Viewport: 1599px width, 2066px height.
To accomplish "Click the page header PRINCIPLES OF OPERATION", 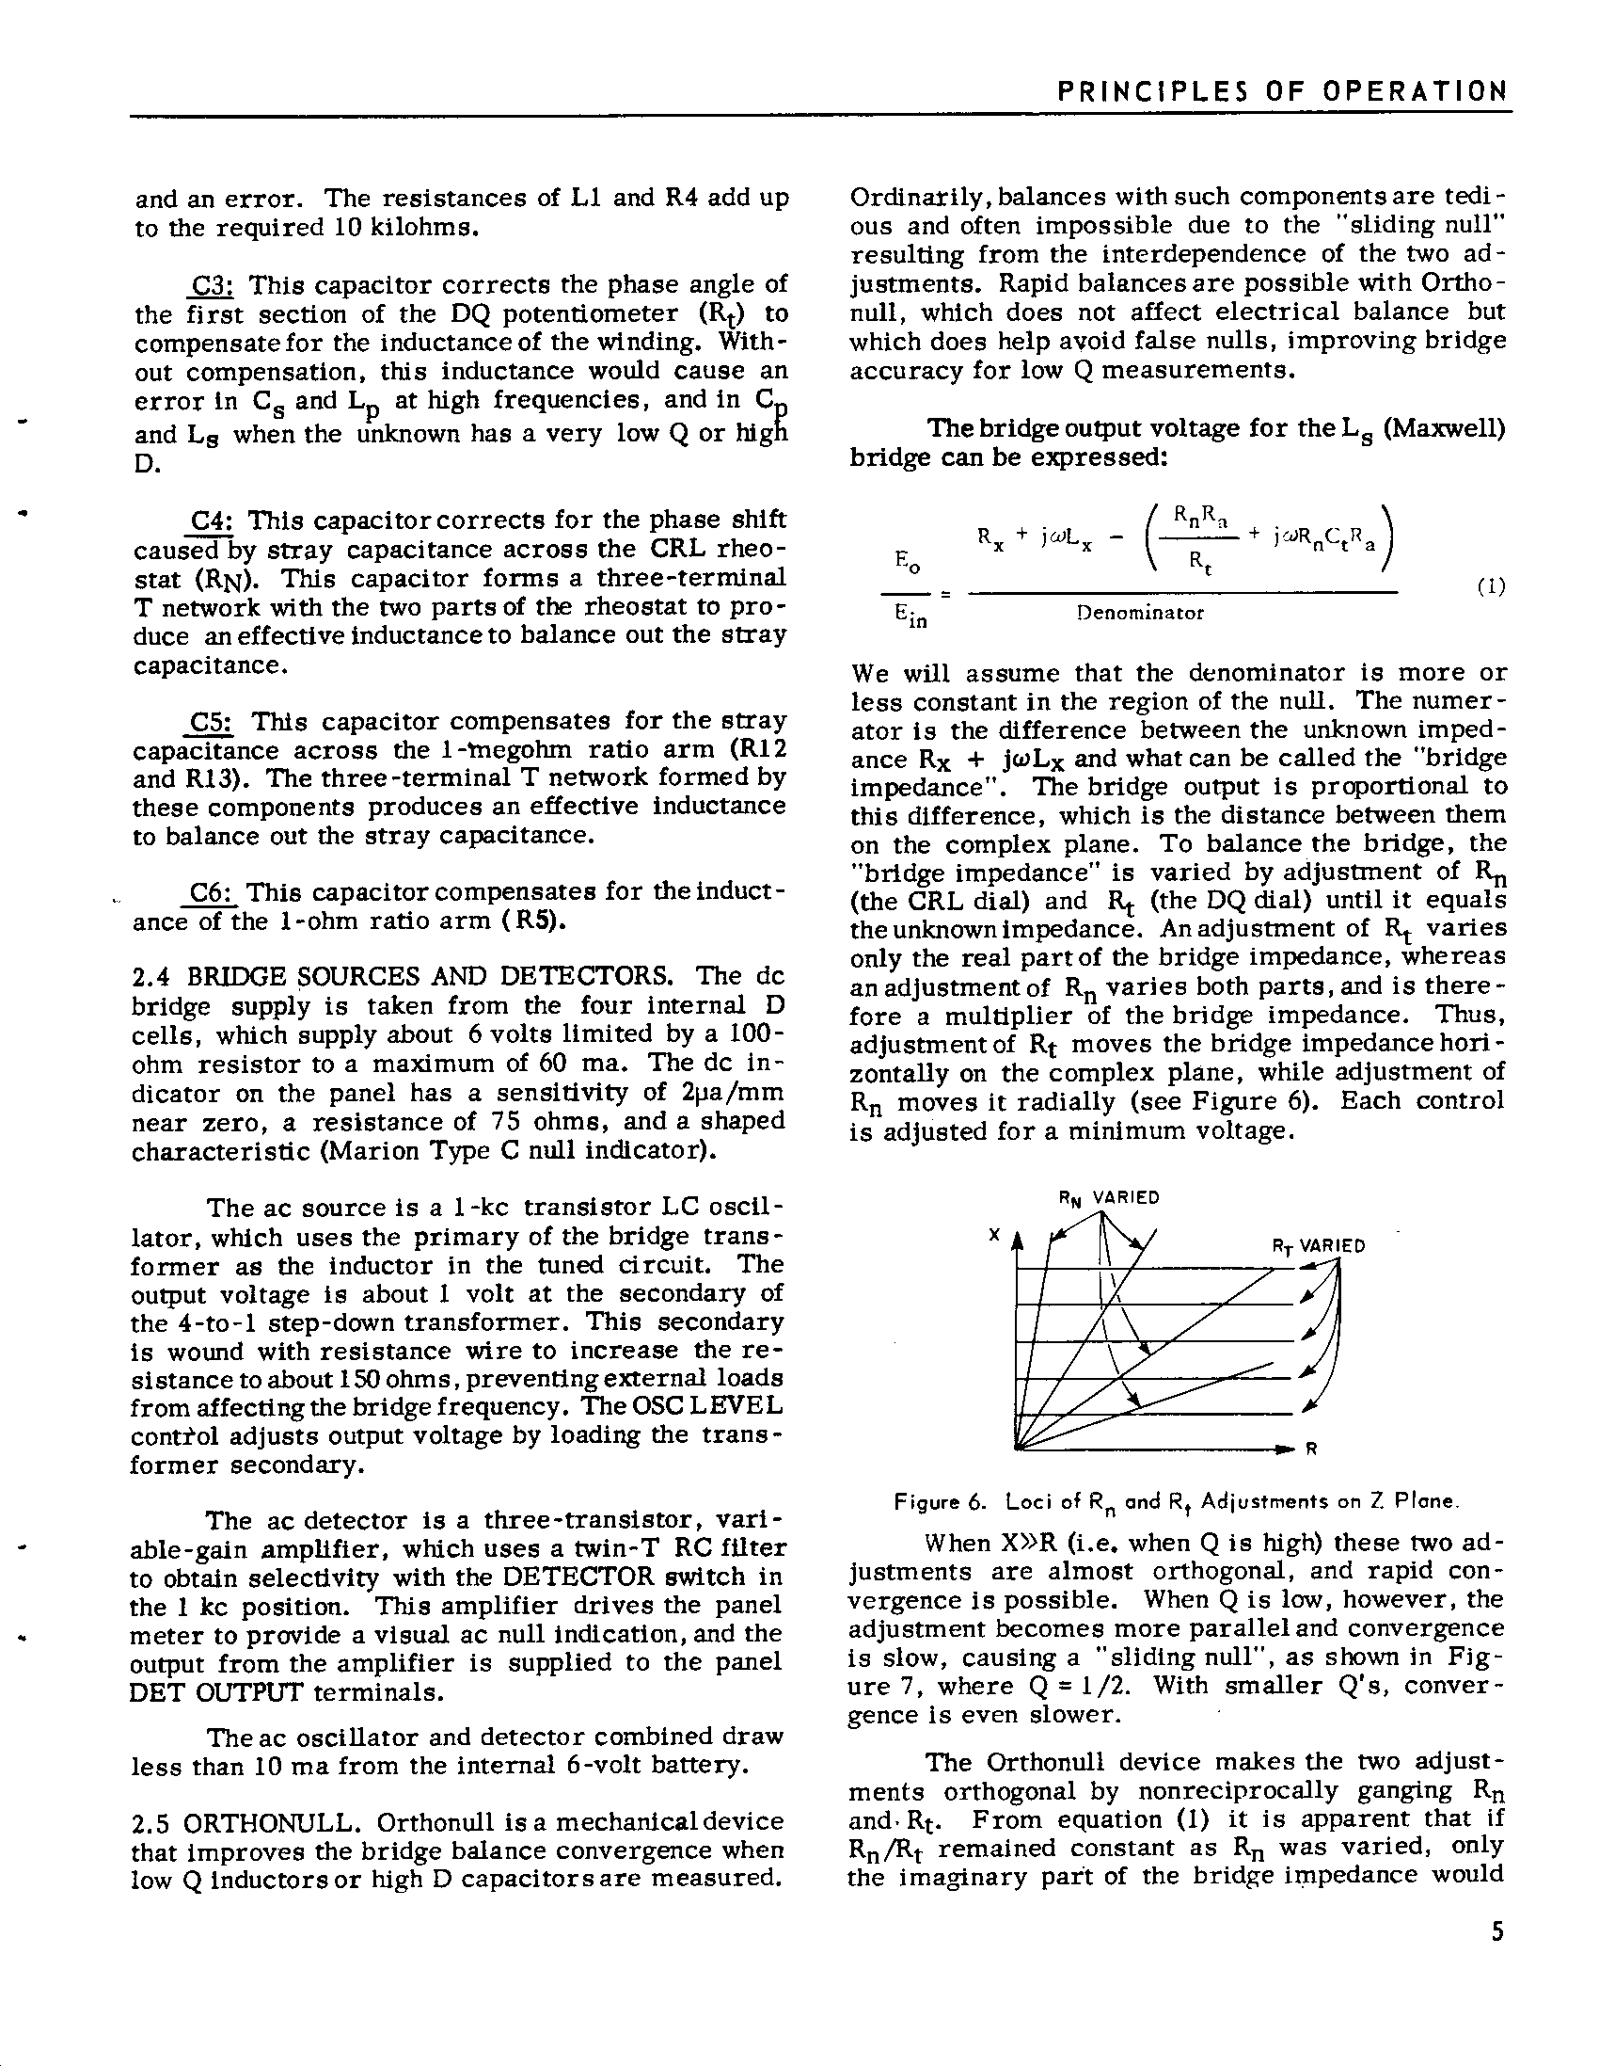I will (x=1280, y=91).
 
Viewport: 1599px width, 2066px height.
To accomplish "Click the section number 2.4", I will (x=151, y=976).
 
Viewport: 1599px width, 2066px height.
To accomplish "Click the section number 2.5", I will (x=151, y=1821).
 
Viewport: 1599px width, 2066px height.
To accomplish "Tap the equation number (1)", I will (x=1491, y=585).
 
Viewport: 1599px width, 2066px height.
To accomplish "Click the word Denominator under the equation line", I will (x=1140, y=613).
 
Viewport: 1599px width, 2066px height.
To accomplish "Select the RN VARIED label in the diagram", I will (x=1108, y=1197).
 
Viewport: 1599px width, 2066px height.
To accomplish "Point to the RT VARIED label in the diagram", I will (x=1318, y=1246).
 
